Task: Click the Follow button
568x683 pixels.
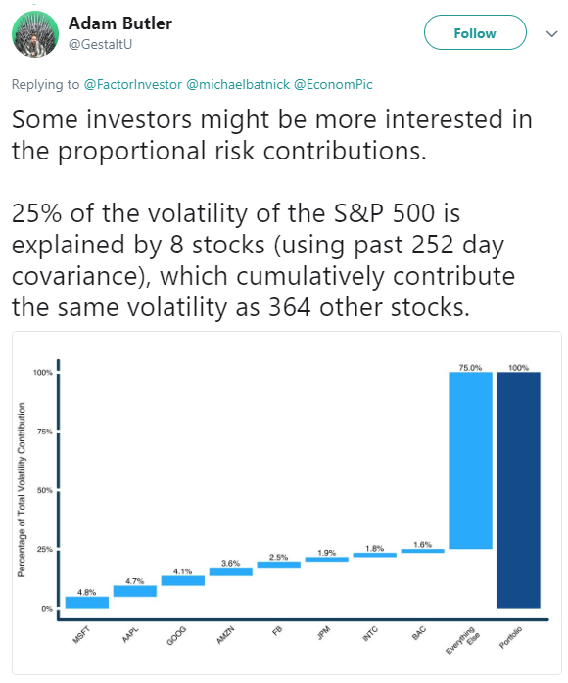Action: point(475,32)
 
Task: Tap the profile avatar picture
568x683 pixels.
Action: point(35,34)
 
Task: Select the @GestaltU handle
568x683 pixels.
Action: point(100,44)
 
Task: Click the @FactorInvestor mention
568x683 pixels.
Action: point(133,84)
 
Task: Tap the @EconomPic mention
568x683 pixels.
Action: point(334,84)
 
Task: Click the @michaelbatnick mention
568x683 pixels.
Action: point(238,84)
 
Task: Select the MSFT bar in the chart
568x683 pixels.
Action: point(87,602)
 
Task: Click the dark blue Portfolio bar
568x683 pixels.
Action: point(518,490)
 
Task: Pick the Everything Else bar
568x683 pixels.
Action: point(470,461)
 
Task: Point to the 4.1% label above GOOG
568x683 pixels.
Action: point(182,571)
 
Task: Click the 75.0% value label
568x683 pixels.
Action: point(470,368)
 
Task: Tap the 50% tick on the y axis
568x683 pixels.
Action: point(44,490)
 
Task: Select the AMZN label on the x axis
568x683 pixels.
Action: point(226,635)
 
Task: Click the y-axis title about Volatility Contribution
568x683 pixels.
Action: point(21,490)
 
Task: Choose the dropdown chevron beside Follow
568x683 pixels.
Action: point(552,33)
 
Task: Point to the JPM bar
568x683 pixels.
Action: point(326,560)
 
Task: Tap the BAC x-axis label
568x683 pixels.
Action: point(419,633)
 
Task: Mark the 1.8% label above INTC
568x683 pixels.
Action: point(374,548)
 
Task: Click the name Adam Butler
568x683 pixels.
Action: point(119,23)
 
